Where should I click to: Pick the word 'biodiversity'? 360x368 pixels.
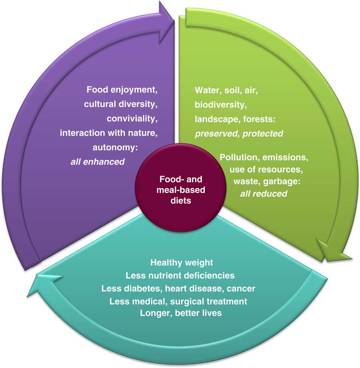pyautogui.click(x=220, y=105)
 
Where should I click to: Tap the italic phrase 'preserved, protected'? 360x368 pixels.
pyautogui.click(x=239, y=133)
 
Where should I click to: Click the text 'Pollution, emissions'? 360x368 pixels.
pyautogui.click(x=264, y=157)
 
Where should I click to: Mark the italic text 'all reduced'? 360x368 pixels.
pyautogui.click(x=264, y=194)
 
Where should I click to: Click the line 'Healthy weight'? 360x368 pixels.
pyautogui.click(x=182, y=263)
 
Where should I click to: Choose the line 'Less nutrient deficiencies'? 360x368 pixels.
pyautogui.click(x=180, y=275)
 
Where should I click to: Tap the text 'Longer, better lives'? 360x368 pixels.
pyautogui.click(x=181, y=312)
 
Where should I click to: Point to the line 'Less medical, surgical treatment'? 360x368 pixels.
pyautogui.click(x=178, y=300)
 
